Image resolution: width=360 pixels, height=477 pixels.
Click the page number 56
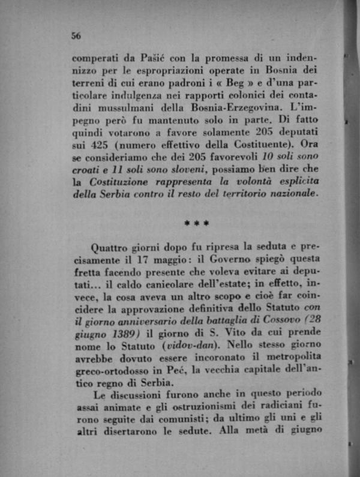click(x=76, y=35)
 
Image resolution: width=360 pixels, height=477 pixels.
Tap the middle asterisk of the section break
click(x=197, y=224)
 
